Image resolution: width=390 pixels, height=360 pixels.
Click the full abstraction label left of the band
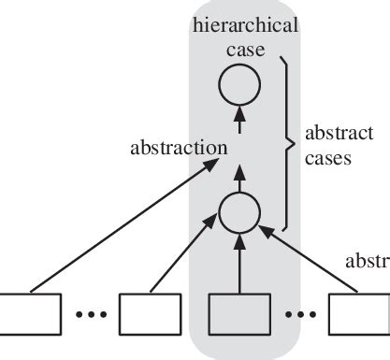coord(179,147)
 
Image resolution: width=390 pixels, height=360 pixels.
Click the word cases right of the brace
coord(327,158)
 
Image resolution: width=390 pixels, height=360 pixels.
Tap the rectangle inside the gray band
coord(238,312)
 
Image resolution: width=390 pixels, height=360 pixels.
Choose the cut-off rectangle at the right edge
coord(360,312)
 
